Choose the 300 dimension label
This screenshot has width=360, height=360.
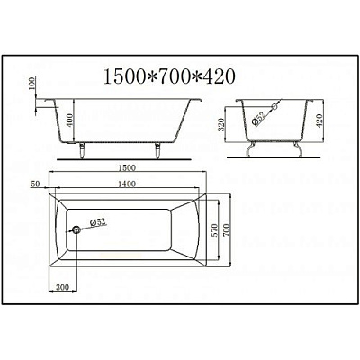(x=61, y=286)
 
